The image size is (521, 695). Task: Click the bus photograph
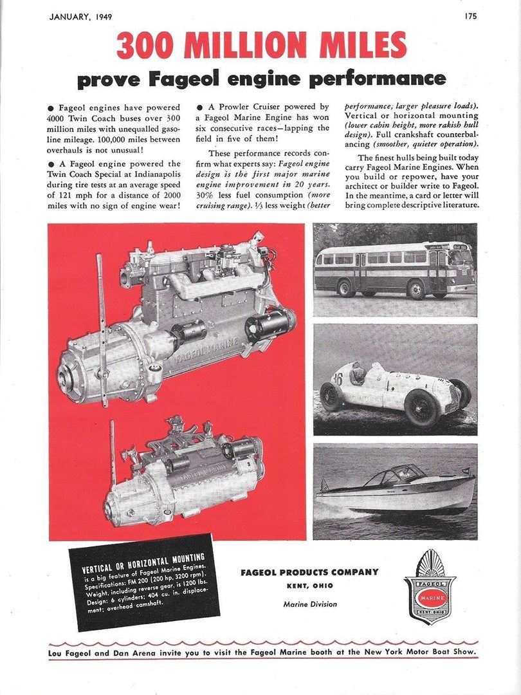pos(395,270)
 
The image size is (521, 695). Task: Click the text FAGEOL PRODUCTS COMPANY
pos(309,573)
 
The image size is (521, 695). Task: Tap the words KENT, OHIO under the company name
pos(309,586)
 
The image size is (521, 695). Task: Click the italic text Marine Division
pos(309,604)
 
